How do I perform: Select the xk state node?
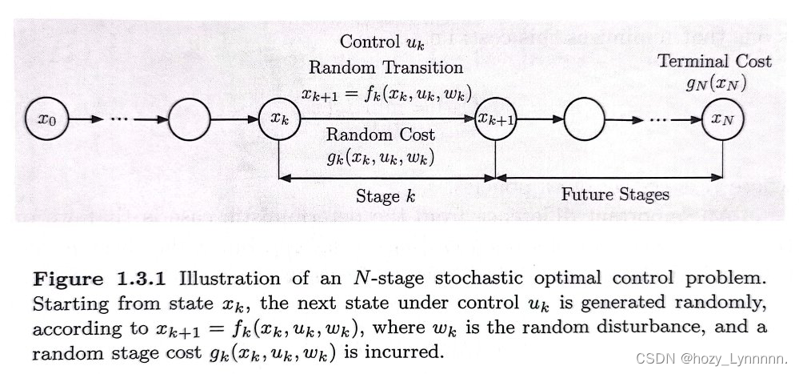(x=277, y=119)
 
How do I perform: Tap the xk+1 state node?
(x=495, y=119)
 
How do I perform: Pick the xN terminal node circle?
(x=721, y=119)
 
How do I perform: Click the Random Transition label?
(x=386, y=67)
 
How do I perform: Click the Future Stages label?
(x=614, y=194)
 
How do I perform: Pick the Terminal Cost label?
(x=714, y=61)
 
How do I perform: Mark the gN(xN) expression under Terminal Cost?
(x=714, y=82)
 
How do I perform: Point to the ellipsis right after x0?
(x=120, y=120)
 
